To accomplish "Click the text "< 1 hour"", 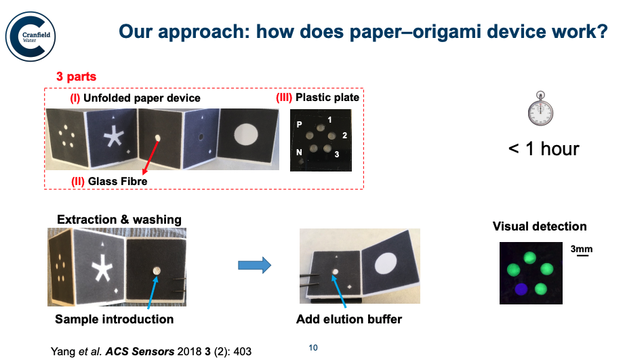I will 544,148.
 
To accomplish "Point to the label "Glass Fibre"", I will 109,180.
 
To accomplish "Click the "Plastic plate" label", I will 318,98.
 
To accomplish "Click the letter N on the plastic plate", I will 299,153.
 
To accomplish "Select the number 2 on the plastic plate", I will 344,136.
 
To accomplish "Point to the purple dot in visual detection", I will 520,289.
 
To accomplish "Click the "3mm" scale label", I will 582,249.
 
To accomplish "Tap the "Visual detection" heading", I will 540,226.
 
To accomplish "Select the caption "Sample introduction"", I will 114,319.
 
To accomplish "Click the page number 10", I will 312,348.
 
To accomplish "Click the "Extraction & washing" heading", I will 119,220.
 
